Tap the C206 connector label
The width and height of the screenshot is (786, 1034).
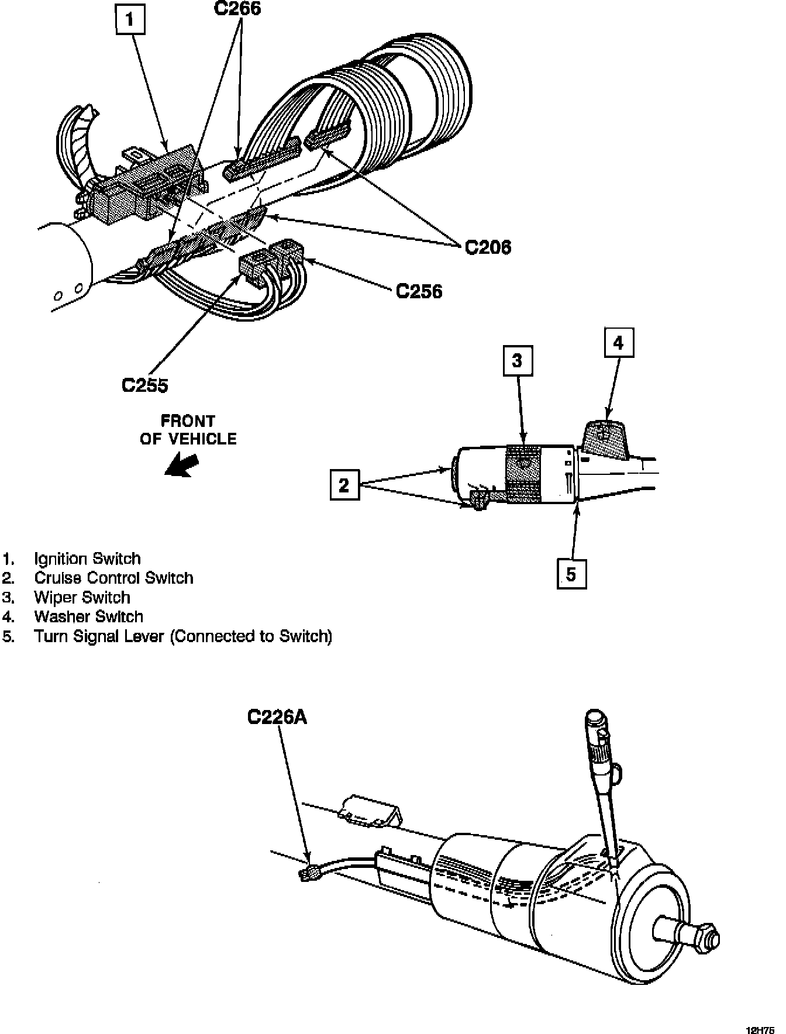pos(488,247)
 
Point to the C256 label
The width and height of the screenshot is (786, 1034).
pos(419,291)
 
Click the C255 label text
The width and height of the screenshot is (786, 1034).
pos(144,385)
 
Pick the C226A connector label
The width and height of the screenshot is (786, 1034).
pos(277,716)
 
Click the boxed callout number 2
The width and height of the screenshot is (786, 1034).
pos(344,485)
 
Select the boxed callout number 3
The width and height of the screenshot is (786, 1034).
pos(517,360)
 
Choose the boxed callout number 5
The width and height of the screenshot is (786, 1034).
pos(571,574)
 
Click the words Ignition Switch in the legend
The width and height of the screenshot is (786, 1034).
pos(87,559)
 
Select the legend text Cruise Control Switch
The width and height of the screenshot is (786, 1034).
pos(113,578)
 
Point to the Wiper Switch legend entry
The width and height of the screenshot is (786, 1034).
pos(82,597)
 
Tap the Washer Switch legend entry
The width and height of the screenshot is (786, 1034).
pos(88,616)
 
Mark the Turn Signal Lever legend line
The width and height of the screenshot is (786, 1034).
pos(182,636)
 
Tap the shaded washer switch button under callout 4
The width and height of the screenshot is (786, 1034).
pos(606,437)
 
